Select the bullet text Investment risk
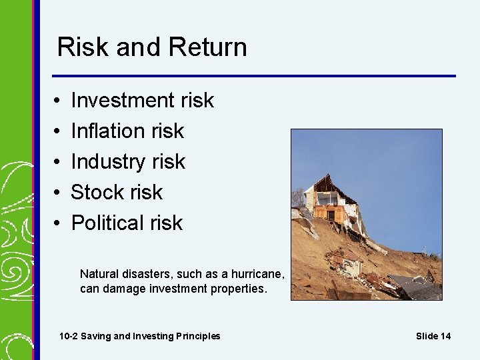142,100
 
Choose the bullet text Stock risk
117,192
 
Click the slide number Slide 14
433,336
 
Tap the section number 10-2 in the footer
69,336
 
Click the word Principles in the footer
196,336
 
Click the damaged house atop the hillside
330,203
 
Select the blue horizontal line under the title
254,75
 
